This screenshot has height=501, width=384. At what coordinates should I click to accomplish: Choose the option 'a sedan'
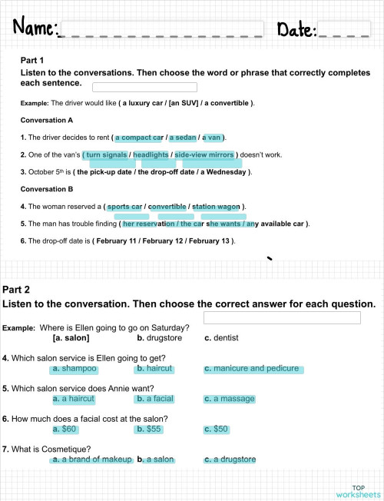[183, 138]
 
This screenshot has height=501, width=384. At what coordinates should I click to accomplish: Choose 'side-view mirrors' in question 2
[204, 154]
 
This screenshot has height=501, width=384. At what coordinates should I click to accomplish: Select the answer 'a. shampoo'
[74, 369]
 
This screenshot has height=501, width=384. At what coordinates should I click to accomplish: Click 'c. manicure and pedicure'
[253, 369]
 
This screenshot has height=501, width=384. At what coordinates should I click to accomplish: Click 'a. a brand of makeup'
[91, 460]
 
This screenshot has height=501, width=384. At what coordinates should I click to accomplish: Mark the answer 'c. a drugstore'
[230, 460]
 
